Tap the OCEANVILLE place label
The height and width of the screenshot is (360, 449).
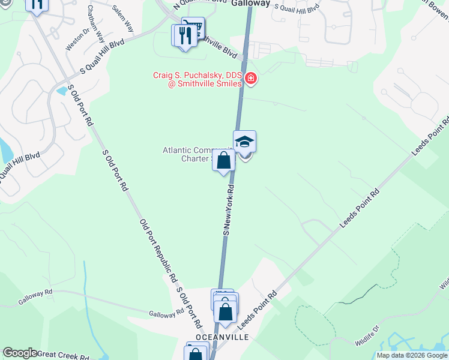[x=221, y=337]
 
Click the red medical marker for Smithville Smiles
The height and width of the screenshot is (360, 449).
[x=250, y=79]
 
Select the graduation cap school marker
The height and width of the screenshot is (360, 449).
[x=244, y=142]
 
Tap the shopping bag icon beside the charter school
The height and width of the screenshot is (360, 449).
[x=223, y=161]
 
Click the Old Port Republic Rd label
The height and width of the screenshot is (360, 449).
[x=158, y=250]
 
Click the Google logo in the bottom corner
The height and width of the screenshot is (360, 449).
[x=20, y=353]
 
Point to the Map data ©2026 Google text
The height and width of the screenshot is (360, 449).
[x=412, y=355]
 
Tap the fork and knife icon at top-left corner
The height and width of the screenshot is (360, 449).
[x=37, y=5]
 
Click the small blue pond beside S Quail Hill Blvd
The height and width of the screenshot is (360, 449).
[x=62, y=91]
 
